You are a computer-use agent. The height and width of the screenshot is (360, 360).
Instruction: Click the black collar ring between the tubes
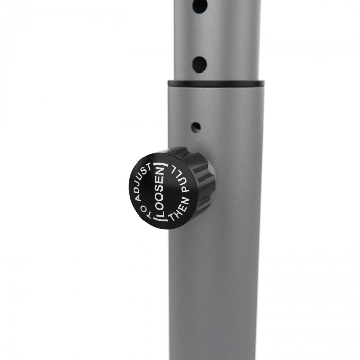(216, 83)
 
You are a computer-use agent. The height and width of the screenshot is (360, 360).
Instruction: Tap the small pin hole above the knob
(196, 128)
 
